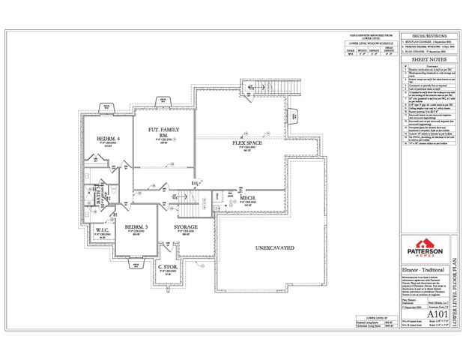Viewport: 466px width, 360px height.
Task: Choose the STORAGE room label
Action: [x=185, y=226]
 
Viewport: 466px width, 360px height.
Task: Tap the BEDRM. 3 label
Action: [x=135, y=226]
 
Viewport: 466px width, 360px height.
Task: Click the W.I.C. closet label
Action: [x=97, y=230]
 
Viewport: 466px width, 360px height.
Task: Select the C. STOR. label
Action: [x=166, y=265]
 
